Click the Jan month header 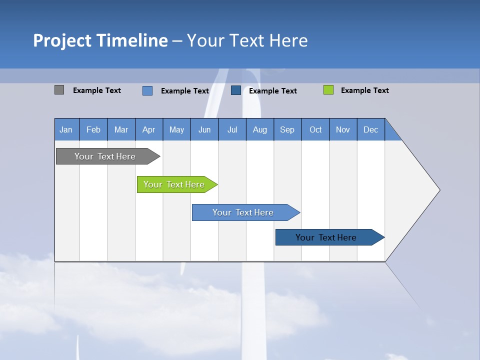[66, 129]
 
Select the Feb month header [93, 129]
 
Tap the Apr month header [149, 129]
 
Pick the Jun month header [204, 129]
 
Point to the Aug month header [260, 129]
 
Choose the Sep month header [287, 129]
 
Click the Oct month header [315, 129]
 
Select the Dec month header [371, 129]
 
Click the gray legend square [59, 90]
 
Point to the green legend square [328, 90]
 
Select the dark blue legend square [236, 90]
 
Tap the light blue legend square [147, 90]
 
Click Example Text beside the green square [365, 90]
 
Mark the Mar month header [121, 129]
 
